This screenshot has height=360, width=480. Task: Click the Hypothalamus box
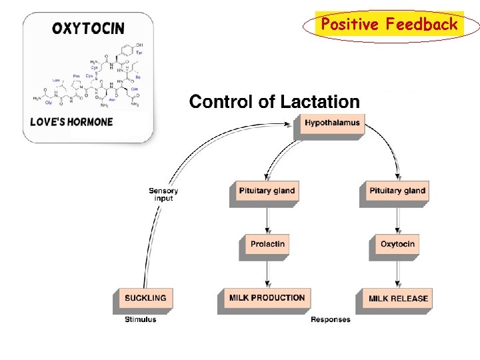[x=332, y=123]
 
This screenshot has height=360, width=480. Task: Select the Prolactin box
[x=267, y=244]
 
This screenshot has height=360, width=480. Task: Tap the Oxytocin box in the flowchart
[x=397, y=244]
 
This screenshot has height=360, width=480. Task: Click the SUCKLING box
[x=145, y=298]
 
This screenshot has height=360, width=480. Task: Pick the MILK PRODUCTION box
[x=267, y=298]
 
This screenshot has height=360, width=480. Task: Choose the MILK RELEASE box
[x=398, y=298]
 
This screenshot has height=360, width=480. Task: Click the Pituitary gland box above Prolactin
[x=267, y=191]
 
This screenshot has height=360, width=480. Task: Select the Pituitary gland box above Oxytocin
[x=397, y=191]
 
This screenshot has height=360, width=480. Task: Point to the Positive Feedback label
[x=389, y=25]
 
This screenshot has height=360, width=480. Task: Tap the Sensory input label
[x=163, y=195]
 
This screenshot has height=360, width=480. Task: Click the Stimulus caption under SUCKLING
[x=141, y=319]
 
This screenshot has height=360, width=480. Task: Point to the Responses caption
[x=331, y=319]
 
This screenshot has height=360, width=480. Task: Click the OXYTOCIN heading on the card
[x=88, y=28]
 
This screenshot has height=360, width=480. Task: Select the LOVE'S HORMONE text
[x=72, y=122]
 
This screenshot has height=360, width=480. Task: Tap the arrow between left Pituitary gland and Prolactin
[x=267, y=218]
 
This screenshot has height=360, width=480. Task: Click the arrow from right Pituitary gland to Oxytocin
[x=398, y=218]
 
